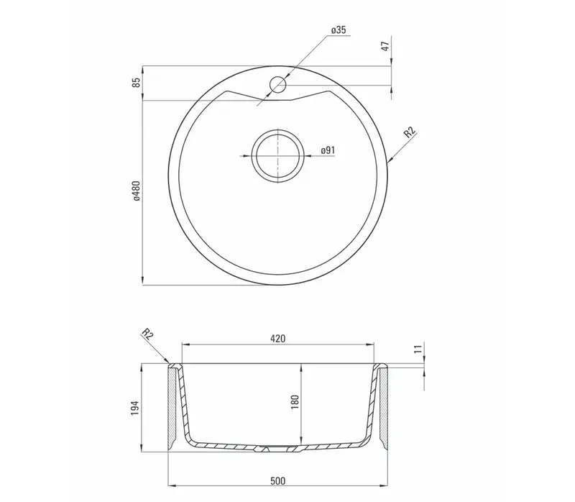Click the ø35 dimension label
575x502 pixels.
coord(339,30)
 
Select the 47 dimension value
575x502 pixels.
coord(385,46)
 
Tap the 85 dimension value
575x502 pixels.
coord(137,83)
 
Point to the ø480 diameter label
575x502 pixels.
coord(137,191)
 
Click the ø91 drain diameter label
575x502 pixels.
coord(328,150)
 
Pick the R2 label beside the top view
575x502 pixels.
coord(410,132)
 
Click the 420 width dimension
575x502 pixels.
coord(277,339)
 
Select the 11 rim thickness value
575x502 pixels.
coord(418,349)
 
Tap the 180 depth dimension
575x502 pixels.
coord(295,402)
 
